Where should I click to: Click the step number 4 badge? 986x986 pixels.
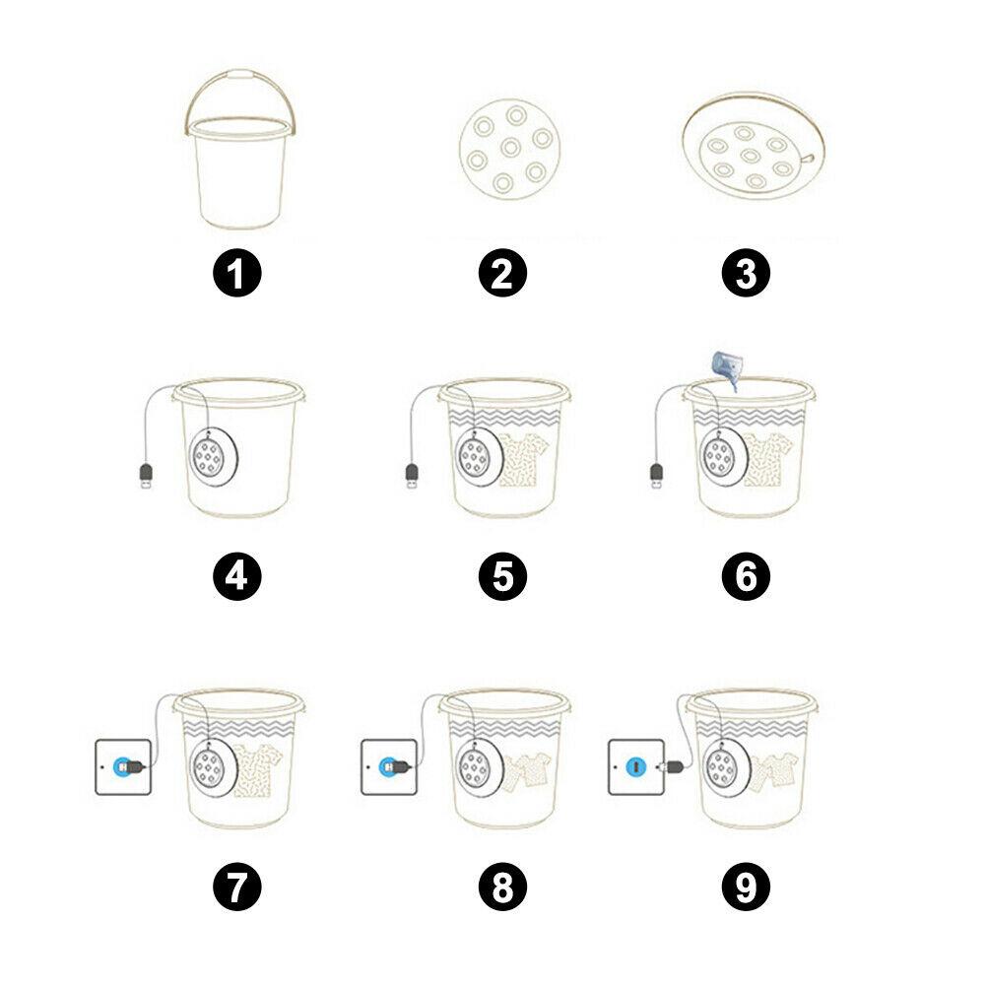click(x=236, y=576)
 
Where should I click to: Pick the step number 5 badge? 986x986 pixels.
click(x=503, y=576)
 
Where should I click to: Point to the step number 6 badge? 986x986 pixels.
click(x=746, y=576)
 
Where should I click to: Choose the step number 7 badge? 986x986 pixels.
click(x=236, y=887)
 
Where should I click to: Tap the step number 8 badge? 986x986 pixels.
click(x=503, y=887)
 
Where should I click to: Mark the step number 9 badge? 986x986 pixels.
click(x=746, y=887)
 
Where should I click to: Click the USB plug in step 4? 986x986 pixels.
click(x=145, y=478)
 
